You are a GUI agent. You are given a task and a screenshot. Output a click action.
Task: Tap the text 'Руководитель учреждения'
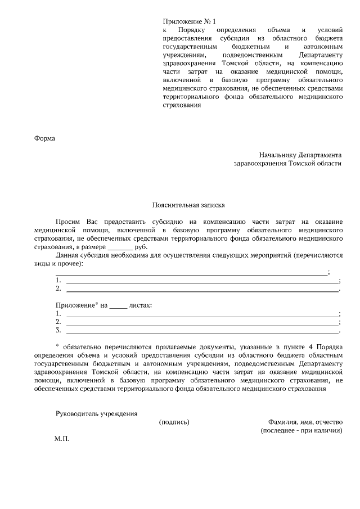tap(96, 413)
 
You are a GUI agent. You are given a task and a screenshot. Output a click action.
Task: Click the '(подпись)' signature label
tap(174, 422)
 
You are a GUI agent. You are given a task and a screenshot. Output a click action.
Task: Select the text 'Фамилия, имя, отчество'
tap(305, 422)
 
